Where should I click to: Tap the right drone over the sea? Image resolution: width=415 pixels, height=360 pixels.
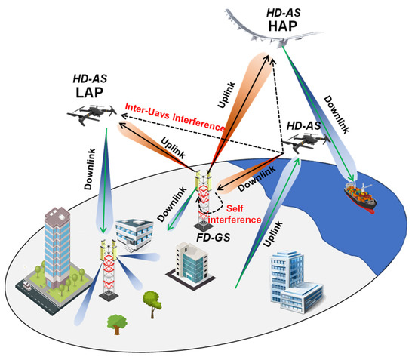(307, 143)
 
